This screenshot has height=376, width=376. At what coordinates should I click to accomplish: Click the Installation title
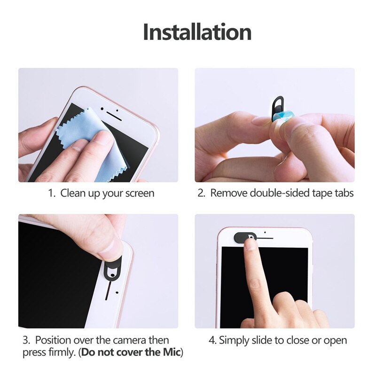tap(197, 32)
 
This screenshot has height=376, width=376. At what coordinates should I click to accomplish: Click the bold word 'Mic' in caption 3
tap(168, 352)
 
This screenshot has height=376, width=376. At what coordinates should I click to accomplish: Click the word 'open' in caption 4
tap(334, 340)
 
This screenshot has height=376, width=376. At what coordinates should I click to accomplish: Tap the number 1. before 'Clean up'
tap(53, 193)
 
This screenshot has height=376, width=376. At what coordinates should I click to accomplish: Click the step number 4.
tap(212, 340)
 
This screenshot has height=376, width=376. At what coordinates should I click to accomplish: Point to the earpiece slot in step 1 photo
tap(111, 114)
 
